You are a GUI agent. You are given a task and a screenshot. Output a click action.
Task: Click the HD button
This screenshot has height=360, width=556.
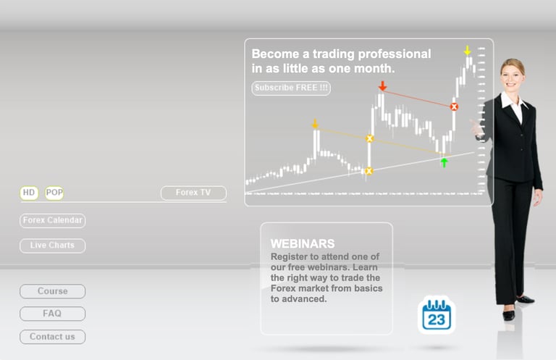pos(29,193)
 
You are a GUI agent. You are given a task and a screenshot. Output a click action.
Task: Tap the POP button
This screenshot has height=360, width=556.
pos(54,193)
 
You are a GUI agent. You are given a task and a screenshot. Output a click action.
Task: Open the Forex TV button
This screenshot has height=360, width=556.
pos(193,193)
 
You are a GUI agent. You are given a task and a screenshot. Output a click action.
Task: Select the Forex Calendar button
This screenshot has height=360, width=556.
pos(52,221)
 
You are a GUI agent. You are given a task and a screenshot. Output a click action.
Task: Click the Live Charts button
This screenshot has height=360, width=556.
pos(52,246)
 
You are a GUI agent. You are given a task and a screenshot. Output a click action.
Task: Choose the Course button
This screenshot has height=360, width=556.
pos(52,291)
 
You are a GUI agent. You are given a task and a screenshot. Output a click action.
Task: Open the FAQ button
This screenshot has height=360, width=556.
pos(52,314)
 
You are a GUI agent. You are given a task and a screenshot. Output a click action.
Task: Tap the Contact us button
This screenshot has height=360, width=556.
pos(52,337)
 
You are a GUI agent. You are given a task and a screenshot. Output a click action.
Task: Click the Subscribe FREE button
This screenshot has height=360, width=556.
pos(291,88)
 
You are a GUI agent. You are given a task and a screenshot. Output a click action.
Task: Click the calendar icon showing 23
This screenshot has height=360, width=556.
pos(437,315)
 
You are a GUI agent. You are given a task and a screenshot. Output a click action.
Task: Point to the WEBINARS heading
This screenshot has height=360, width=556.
pos(303,243)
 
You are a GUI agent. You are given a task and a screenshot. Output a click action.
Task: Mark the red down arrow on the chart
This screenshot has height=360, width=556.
pos(382,85)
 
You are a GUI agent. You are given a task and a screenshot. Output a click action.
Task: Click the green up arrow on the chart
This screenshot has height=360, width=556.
pos(444,162)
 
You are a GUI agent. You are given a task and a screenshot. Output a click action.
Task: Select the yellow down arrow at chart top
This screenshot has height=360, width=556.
pos(468,51)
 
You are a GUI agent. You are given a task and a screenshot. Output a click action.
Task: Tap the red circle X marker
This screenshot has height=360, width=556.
pos(454,106)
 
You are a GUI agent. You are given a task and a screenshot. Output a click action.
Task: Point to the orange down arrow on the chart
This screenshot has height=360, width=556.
pos(315,124)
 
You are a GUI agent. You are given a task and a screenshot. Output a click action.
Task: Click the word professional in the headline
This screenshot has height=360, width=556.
pos(395,54)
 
